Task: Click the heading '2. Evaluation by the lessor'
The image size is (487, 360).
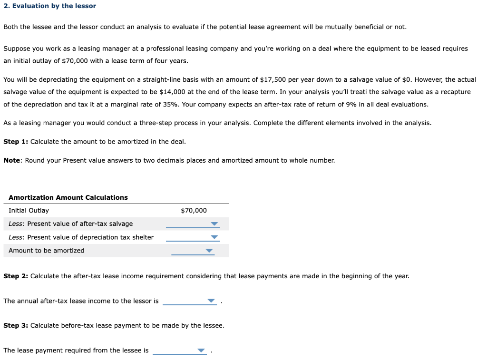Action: [49, 6]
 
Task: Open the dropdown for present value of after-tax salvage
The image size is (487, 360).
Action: [214, 224]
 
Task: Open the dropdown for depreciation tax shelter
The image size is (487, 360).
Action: [214, 237]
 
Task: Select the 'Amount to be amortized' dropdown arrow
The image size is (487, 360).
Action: [209, 251]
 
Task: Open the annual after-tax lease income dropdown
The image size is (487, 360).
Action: [211, 301]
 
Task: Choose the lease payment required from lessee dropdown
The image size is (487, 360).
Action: [201, 350]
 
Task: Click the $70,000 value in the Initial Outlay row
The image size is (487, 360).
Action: [194, 211]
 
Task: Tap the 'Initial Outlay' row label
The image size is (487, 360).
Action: [29, 211]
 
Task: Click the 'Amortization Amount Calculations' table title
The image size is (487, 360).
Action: [68, 197]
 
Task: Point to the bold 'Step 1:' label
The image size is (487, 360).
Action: [16, 142]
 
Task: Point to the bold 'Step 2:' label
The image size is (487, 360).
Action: [16, 276]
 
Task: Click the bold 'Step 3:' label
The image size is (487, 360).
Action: [16, 325]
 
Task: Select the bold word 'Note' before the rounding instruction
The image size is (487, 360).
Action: [12, 160]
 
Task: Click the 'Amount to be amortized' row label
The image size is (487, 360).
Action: [46, 251]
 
